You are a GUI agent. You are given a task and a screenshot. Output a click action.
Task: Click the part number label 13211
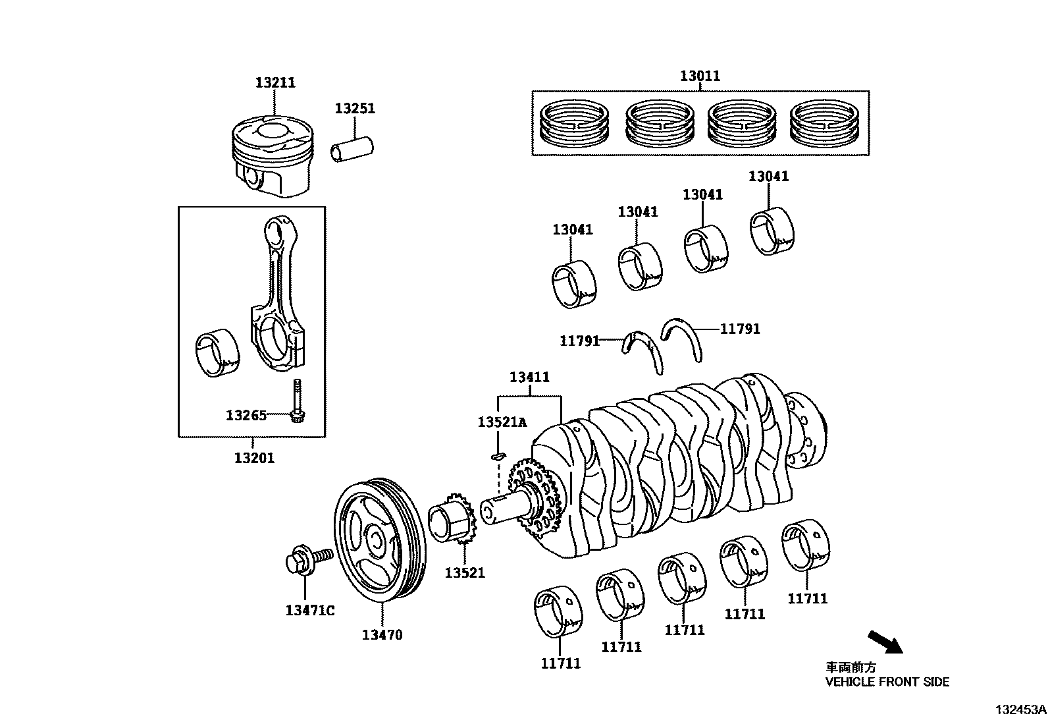pos(275,82)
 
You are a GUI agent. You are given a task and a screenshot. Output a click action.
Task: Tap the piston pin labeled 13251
pos(352,149)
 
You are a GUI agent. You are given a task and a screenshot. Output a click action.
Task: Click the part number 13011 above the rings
pos(700,76)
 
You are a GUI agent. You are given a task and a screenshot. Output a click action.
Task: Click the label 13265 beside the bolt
pos(246,416)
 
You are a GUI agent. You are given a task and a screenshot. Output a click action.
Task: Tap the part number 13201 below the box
pos(254,458)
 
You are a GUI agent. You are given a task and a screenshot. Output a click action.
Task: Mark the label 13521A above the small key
pos(502,422)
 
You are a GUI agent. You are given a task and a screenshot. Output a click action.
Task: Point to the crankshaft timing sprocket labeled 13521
pos(452,518)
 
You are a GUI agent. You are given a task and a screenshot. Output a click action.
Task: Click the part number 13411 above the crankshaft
pos(529,377)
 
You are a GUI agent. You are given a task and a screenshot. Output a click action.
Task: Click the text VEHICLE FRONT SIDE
pos(887,682)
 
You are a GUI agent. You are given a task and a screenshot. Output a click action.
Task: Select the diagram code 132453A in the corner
pos(1020,710)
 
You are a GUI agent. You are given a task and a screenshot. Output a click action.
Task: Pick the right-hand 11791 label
pos(740,329)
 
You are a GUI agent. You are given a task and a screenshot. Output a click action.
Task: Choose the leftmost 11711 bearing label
pos(560,663)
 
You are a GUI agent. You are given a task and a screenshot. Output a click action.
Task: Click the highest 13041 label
pos(768,177)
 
